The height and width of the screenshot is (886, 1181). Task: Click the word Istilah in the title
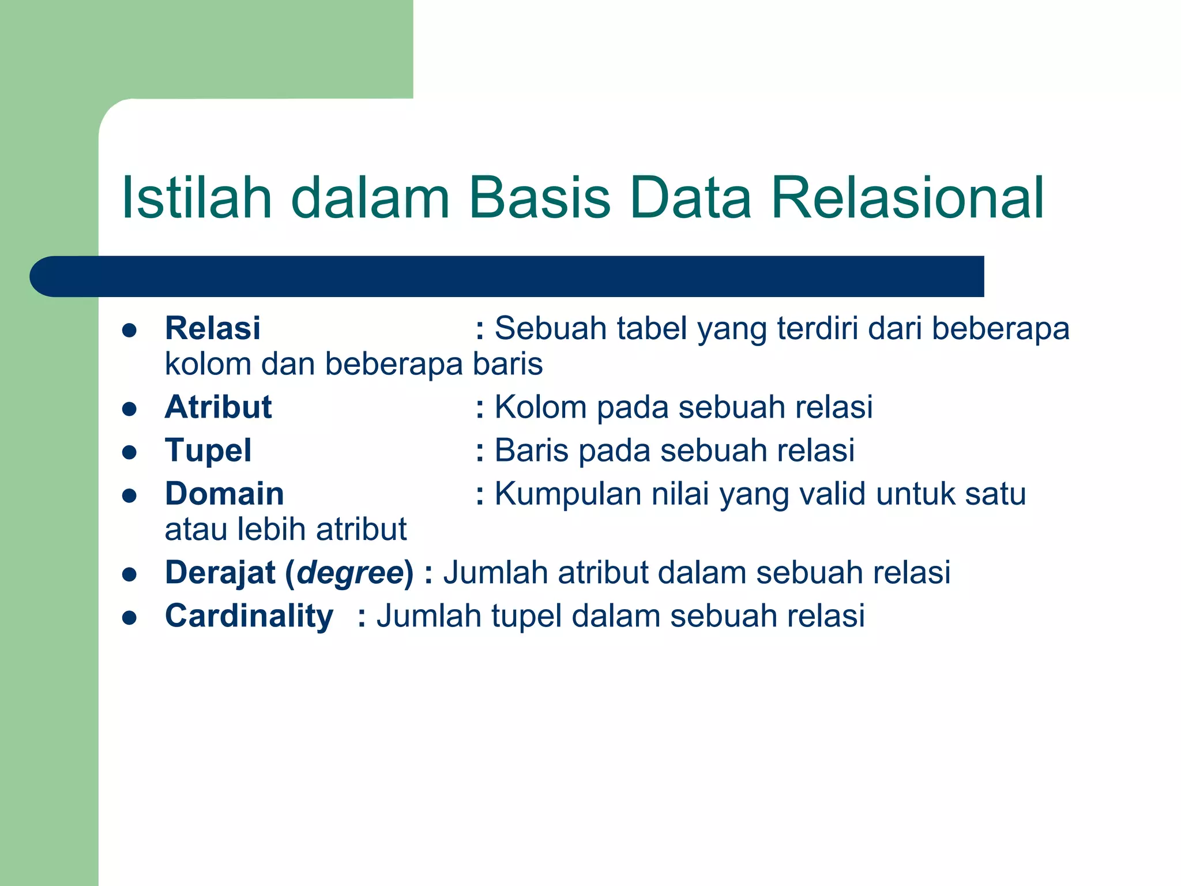pyautogui.click(x=197, y=198)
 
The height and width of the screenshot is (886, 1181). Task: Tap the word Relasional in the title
pyautogui.click(x=907, y=198)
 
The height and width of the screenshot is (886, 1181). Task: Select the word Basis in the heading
pyautogui.click(x=539, y=198)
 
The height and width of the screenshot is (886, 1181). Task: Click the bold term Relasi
pyautogui.click(x=212, y=328)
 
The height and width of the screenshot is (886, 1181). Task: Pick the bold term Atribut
pyautogui.click(x=218, y=407)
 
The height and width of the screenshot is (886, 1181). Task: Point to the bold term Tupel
pyautogui.click(x=208, y=450)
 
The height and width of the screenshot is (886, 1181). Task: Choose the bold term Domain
pyautogui.click(x=224, y=494)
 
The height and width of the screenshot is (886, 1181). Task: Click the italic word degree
pyautogui.click(x=351, y=572)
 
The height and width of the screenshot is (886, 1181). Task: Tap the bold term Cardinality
pyautogui.click(x=249, y=615)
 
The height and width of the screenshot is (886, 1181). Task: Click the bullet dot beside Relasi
pyautogui.click(x=129, y=330)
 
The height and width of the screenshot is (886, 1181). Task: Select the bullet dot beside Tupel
pyautogui.click(x=129, y=452)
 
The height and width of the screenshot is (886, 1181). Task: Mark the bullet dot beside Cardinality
pyautogui.click(x=129, y=617)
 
